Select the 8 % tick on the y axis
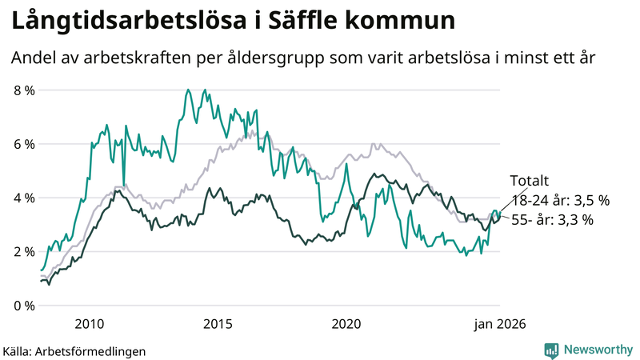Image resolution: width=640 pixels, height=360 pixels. (24, 90)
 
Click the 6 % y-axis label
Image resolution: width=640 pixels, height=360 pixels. (24, 144)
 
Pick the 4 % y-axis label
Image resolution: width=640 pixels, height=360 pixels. (24, 198)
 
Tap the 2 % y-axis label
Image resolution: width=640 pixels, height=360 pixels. (24, 251)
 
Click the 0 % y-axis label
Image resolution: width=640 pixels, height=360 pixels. (24, 306)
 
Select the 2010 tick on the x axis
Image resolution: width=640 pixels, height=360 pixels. (89, 324)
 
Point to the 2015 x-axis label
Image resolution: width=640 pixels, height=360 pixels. (218, 324)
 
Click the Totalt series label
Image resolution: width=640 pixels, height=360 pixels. (530, 182)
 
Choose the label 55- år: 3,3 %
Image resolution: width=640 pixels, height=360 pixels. (552, 219)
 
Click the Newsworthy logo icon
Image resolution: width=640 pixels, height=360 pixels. (551, 350)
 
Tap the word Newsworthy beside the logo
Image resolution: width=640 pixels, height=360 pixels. (597, 350)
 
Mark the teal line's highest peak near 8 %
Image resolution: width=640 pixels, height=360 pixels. (188, 90)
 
